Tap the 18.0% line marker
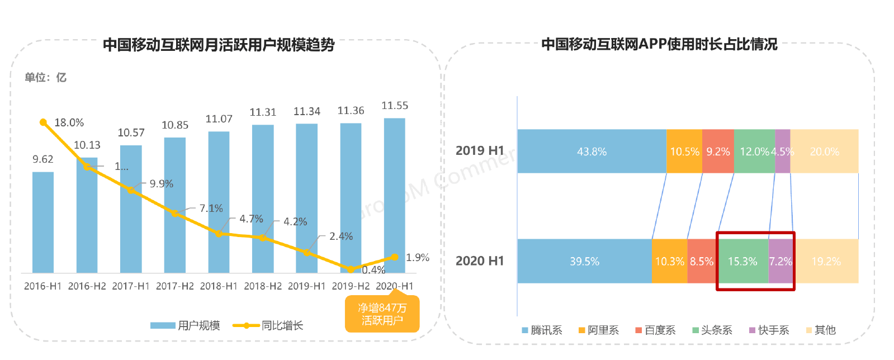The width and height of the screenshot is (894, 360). click(43, 122)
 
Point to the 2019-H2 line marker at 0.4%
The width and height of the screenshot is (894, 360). click(351, 269)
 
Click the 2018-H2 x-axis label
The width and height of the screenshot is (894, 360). click(263, 286)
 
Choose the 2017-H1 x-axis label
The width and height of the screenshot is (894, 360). click(131, 286)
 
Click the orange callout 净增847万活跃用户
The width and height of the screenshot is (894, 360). click(382, 314)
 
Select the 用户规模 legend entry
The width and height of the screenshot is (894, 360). click(186, 325)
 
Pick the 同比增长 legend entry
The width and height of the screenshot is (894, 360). click(268, 325)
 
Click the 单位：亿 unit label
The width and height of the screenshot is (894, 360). click(45, 78)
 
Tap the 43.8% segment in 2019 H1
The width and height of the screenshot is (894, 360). click(592, 151)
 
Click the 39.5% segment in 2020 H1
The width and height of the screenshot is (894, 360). click(584, 261)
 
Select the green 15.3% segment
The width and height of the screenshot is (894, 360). click(742, 261)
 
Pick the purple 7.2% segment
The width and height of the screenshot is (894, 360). click(781, 261)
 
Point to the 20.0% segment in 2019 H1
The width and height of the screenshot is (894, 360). click(824, 151)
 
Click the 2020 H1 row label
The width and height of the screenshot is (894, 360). click(479, 261)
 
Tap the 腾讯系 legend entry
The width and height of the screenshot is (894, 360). click(542, 330)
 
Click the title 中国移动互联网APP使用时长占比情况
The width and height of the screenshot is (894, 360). click(659, 44)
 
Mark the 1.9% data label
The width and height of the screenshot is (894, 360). click(417, 258)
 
